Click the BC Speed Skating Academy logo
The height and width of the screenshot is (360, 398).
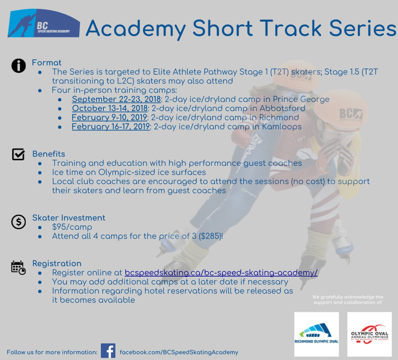(x=44, y=23)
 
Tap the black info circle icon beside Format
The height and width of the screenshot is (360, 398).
(x=19, y=66)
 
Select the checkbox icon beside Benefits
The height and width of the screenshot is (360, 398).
(x=18, y=154)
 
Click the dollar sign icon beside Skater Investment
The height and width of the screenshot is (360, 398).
(x=19, y=222)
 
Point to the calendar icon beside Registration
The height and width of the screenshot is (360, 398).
(x=18, y=267)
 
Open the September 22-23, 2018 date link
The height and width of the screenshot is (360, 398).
(x=116, y=99)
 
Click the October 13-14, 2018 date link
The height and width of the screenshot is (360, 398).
(x=110, y=108)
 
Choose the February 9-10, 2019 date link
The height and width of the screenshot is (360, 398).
(x=110, y=117)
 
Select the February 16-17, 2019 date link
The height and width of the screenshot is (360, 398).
(x=111, y=126)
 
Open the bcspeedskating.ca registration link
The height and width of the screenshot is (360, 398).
(x=221, y=272)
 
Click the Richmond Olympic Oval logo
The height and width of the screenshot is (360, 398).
(x=317, y=334)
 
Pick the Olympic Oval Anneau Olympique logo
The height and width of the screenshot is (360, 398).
(x=369, y=334)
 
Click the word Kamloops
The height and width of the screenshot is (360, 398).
(x=282, y=126)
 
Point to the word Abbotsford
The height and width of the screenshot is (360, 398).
(x=283, y=108)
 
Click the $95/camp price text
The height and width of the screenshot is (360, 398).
(x=72, y=227)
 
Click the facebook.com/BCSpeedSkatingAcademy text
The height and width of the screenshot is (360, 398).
(x=179, y=352)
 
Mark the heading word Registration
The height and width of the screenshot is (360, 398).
(x=57, y=264)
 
